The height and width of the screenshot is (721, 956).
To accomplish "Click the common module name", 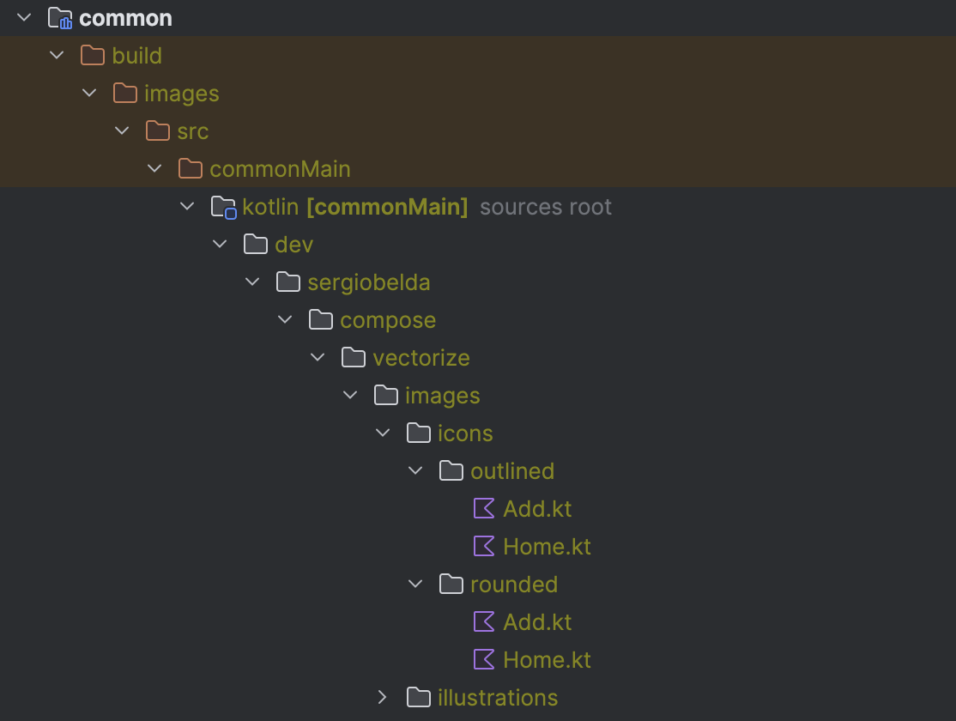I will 125,18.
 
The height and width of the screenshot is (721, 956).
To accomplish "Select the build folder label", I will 136,56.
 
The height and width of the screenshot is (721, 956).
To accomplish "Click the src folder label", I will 192,131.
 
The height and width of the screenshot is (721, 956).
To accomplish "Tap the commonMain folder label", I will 280,169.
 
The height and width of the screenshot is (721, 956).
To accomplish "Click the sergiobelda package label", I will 368,282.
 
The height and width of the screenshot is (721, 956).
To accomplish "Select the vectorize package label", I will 421,358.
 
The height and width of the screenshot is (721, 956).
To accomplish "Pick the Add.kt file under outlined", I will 537,509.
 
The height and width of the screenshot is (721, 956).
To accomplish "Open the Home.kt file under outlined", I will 547,547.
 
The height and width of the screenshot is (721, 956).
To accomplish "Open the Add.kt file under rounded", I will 537,622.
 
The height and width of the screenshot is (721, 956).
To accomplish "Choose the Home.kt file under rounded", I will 547,660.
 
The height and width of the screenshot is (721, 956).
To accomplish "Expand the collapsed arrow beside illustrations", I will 383,698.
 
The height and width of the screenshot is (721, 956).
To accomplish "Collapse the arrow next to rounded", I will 416,585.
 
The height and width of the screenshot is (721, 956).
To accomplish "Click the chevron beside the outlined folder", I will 416,471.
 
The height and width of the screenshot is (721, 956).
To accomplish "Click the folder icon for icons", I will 419,433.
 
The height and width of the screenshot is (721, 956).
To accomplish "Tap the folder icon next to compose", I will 321,320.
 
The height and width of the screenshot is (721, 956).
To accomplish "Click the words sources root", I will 546,207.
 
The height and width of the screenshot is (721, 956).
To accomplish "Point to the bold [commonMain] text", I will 387,207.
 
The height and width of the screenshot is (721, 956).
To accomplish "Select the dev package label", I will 293,245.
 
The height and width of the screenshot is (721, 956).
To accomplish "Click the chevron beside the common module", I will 24,18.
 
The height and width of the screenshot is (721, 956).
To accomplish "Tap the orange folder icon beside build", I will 92,56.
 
